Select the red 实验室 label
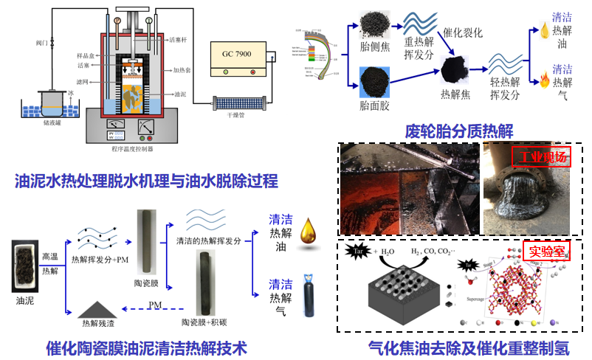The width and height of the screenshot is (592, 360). coord(544,250)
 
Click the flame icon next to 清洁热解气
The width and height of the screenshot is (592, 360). coord(545,76)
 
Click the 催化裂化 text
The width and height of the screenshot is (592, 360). coord(463,32)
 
